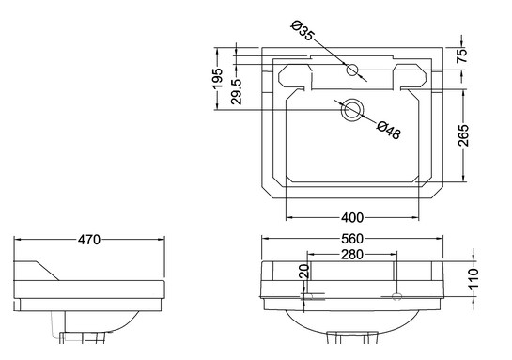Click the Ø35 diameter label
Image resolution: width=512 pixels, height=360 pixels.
(303, 30)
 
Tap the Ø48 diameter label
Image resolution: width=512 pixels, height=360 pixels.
(389, 130)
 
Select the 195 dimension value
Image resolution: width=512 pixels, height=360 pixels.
(217, 78)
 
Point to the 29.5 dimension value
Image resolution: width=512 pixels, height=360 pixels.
(237, 92)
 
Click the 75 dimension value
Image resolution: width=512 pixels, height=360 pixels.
(462, 55)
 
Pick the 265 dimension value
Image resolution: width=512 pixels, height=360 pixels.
(463, 135)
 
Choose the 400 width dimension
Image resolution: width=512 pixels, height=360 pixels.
(352, 217)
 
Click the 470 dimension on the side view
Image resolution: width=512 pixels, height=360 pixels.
(89, 240)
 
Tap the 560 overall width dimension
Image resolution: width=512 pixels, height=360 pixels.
(352, 239)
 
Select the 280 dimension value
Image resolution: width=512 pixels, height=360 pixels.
(352, 255)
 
